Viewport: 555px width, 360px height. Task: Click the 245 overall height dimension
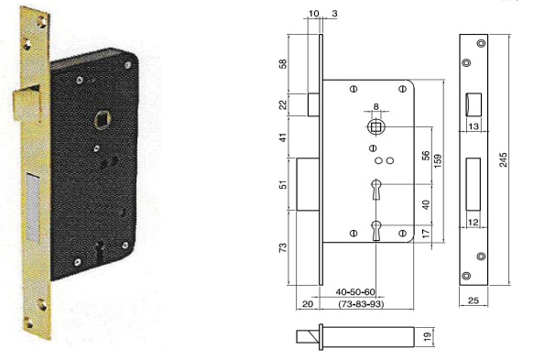pyautogui.click(x=504, y=159)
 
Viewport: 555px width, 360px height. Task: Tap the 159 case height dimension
pyautogui.click(x=438, y=160)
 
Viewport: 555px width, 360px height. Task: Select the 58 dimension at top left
pyautogui.click(x=283, y=64)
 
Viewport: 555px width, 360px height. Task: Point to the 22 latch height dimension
pyautogui.click(x=283, y=104)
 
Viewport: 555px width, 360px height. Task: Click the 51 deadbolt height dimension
pyautogui.click(x=283, y=184)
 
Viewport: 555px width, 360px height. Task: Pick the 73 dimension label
pyautogui.click(x=283, y=248)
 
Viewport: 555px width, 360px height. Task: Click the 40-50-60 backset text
pyautogui.click(x=355, y=292)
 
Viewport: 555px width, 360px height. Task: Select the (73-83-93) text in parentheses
pyautogui.click(x=361, y=304)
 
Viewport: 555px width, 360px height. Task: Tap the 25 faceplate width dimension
pyautogui.click(x=473, y=300)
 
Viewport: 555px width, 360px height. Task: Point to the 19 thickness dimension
pyautogui.click(x=428, y=336)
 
